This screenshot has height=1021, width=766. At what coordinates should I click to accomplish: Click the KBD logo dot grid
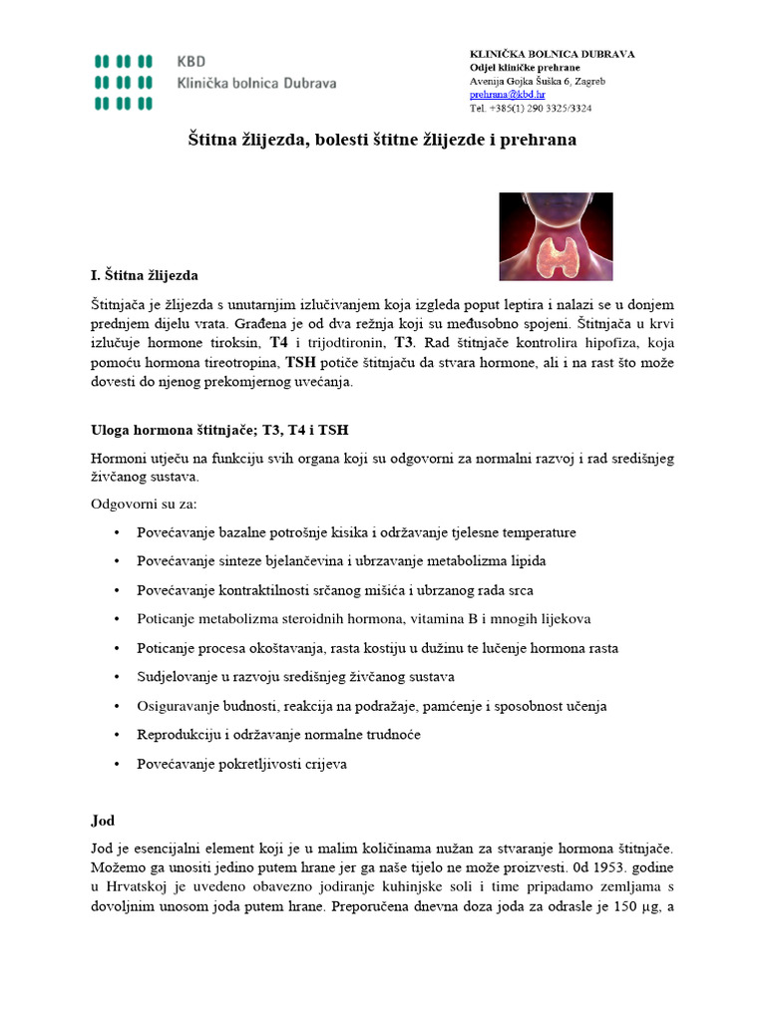click(x=124, y=80)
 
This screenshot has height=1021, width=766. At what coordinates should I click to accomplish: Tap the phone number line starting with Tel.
click(x=531, y=108)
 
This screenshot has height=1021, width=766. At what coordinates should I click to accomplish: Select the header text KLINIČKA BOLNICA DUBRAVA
click(x=552, y=53)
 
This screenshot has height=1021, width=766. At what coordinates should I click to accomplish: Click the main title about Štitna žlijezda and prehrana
click(x=383, y=141)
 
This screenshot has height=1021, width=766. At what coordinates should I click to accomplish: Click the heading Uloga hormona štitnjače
click(x=219, y=429)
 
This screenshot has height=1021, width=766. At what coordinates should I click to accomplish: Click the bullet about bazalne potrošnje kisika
click(x=356, y=532)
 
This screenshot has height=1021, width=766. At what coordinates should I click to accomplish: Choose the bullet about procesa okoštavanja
click(x=377, y=648)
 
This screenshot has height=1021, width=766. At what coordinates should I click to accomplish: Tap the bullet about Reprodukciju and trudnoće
click(x=278, y=735)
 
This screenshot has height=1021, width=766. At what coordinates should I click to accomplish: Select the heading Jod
click(x=103, y=821)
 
